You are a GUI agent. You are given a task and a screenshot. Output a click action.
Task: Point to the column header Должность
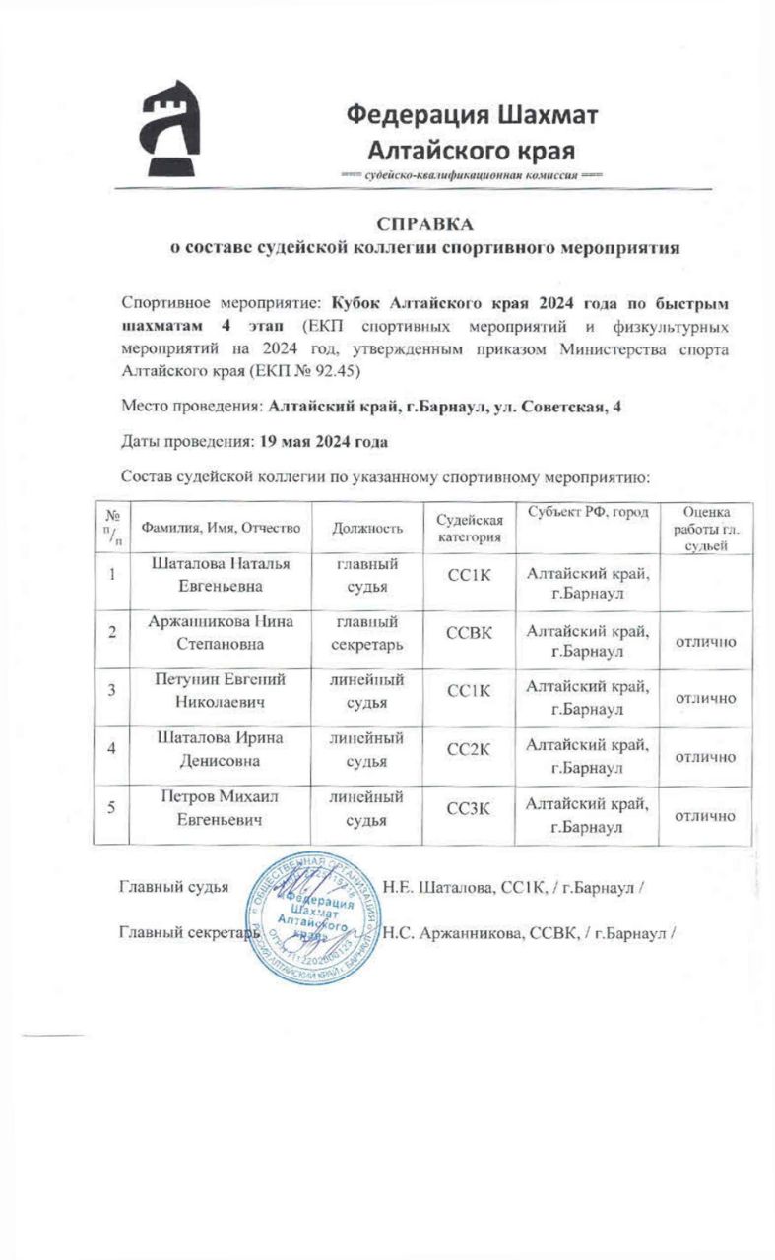[x=367, y=529]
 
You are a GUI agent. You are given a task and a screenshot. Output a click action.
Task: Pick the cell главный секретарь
[x=367, y=636]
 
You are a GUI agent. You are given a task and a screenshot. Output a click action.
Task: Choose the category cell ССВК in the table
[x=469, y=636]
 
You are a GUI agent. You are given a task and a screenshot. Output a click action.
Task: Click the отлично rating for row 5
[x=704, y=817]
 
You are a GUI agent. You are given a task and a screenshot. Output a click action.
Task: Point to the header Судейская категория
[x=469, y=529]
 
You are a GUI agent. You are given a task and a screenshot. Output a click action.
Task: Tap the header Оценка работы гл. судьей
[x=704, y=529]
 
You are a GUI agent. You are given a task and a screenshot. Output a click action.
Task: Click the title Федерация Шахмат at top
[x=471, y=115]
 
